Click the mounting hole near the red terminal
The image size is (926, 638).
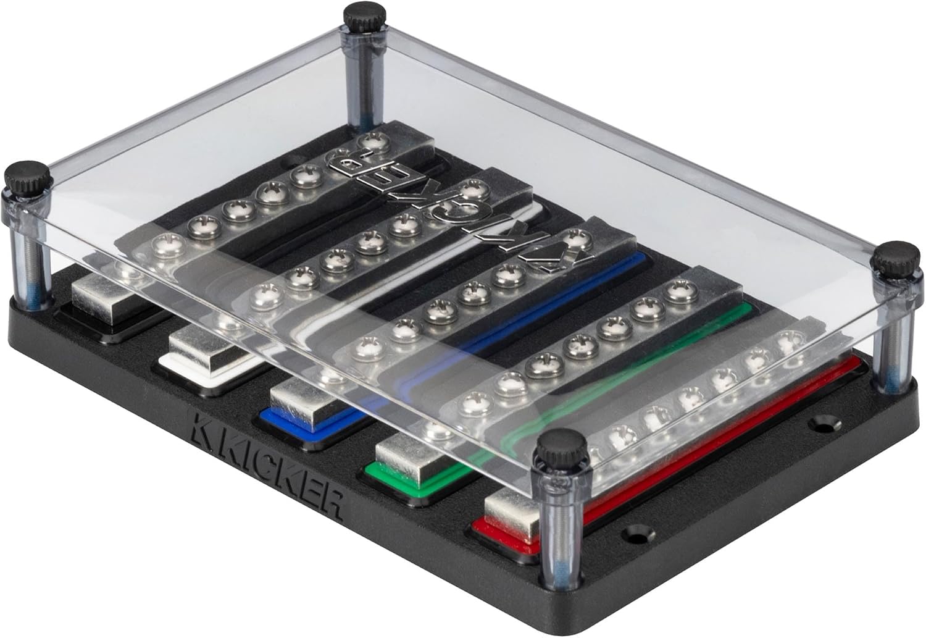[x=635, y=532]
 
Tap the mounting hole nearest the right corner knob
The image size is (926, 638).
[x=820, y=425]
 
